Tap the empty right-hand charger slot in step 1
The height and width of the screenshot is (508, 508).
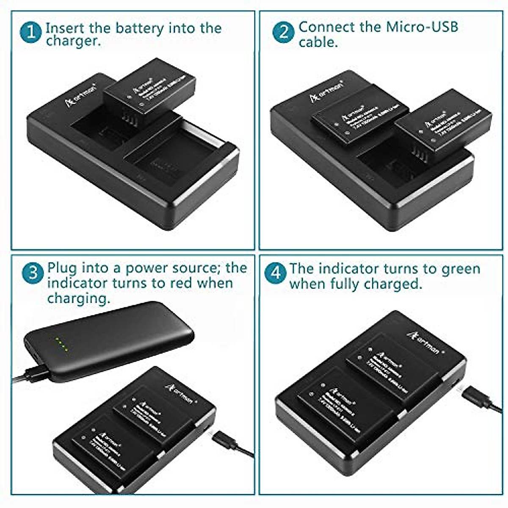click(x=169, y=161)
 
